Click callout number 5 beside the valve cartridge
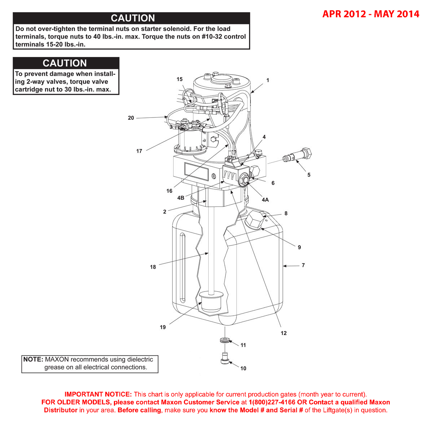309,175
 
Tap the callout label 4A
265,200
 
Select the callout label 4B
181,198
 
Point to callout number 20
131,118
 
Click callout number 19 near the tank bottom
163,327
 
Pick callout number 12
284,333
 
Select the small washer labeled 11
225,340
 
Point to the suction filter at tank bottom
210,303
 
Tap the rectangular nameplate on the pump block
196,172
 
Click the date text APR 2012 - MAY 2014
371,14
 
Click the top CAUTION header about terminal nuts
133,18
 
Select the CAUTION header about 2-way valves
65,63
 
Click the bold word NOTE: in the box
33,360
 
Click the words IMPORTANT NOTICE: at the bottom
98,394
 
